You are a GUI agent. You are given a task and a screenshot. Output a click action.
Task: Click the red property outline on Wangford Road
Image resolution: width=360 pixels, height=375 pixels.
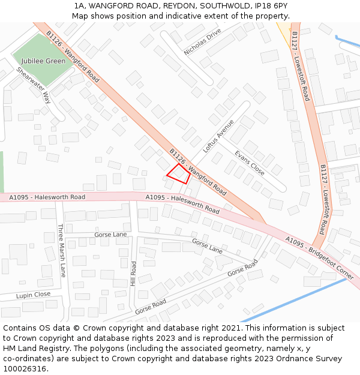click(x=178, y=173)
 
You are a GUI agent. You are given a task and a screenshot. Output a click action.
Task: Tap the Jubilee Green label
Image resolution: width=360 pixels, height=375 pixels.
click(x=43, y=61)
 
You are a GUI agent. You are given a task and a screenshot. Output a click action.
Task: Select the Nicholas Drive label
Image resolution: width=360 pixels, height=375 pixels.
click(x=202, y=42)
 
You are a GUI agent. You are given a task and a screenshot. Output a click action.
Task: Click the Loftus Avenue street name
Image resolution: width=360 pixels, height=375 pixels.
click(x=218, y=136)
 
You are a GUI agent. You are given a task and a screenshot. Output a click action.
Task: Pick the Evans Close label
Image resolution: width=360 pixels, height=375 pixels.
click(x=249, y=163)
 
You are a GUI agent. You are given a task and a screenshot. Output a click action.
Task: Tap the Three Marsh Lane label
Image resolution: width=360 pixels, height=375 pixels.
click(x=61, y=250)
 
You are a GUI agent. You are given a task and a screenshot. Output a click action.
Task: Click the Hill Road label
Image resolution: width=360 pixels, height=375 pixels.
click(x=134, y=273)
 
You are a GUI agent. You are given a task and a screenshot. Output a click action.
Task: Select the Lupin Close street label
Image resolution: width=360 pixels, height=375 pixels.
click(x=33, y=295)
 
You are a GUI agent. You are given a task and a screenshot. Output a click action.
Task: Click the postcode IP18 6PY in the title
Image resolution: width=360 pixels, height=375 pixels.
click(x=272, y=5)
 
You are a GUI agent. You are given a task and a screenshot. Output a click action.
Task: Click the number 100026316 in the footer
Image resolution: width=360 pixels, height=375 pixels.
click(x=25, y=368)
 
